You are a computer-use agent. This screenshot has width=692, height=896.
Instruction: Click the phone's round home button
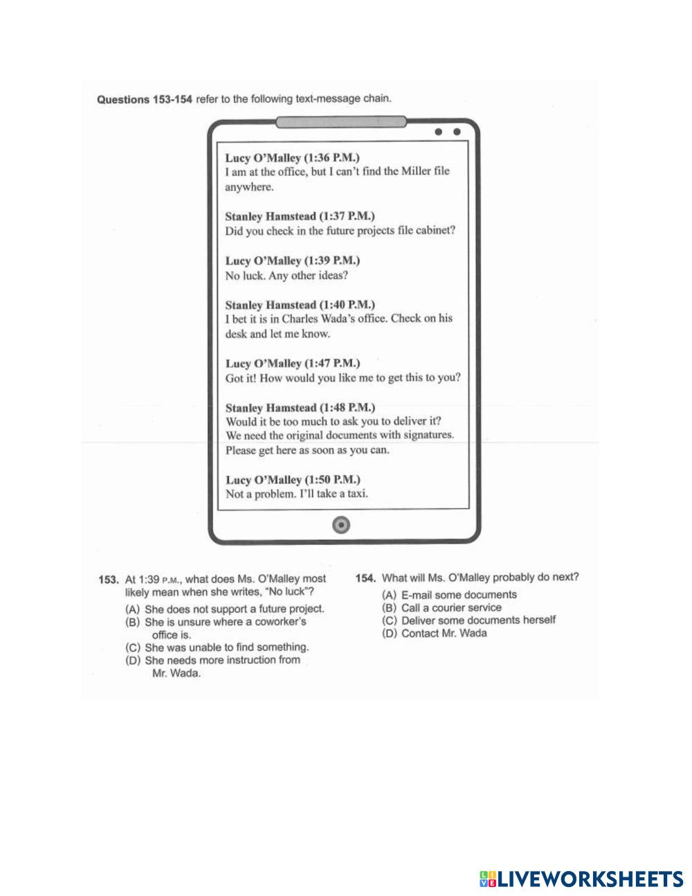[x=341, y=525]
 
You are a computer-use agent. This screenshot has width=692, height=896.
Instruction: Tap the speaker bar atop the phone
[x=341, y=123]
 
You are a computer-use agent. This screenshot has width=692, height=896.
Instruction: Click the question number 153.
[x=109, y=579]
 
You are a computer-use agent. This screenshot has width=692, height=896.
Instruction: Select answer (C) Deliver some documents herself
[x=470, y=620]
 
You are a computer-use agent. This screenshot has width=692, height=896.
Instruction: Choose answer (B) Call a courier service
[x=442, y=607]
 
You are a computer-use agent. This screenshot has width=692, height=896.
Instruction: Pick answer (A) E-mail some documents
[x=450, y=595]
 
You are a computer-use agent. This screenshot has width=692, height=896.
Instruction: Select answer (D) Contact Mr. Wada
[x=435, y=633]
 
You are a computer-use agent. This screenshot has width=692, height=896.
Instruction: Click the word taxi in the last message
[x=356, y=494]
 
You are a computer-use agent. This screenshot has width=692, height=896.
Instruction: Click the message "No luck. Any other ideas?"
[x=286, y=276]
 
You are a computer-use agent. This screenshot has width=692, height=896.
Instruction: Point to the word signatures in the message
[x=428, y=436]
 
